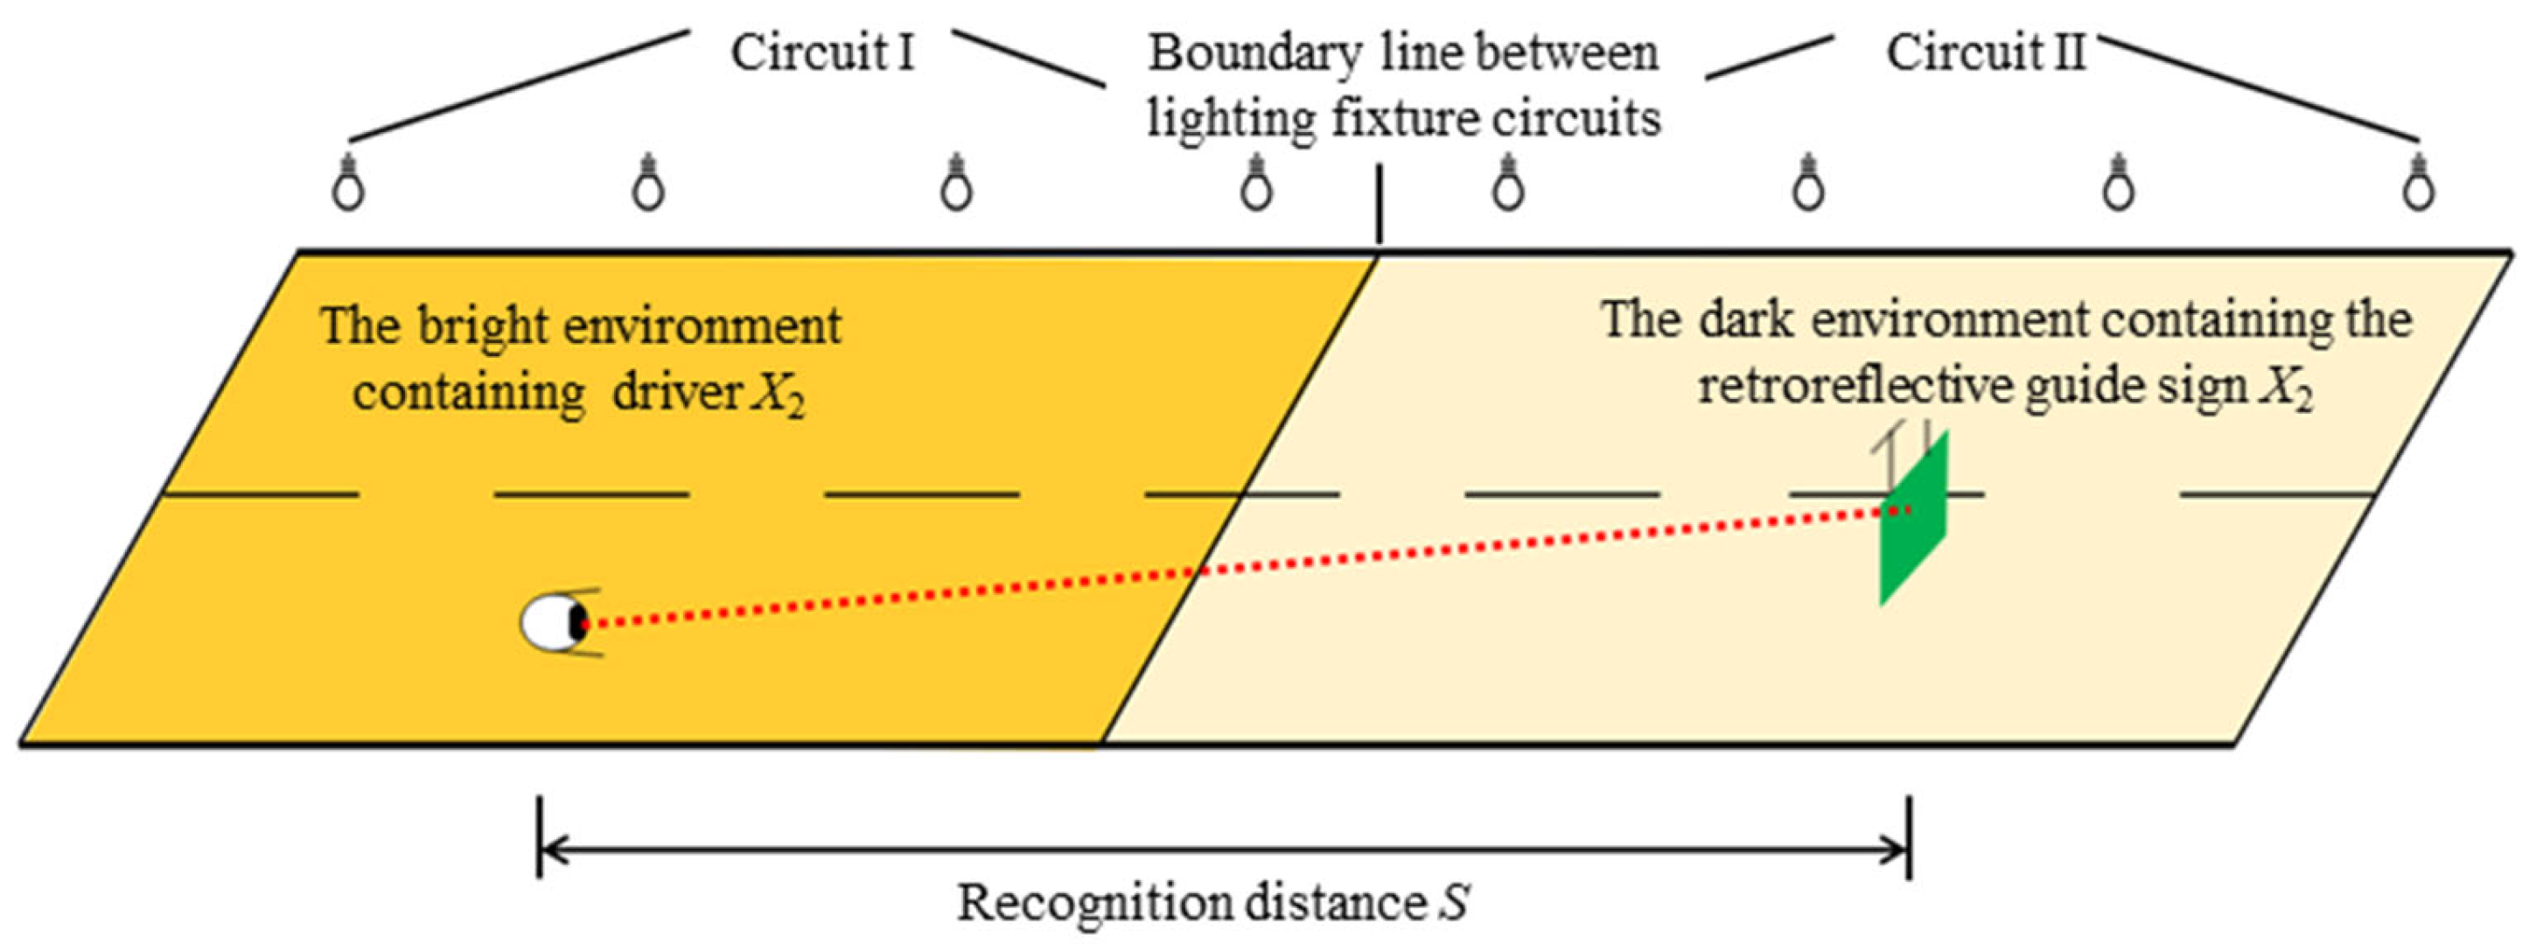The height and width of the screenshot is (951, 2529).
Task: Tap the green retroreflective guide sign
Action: tap(1913, 518)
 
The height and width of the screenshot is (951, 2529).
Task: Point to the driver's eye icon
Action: tap(555, 622)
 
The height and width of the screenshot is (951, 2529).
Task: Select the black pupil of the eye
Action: tap(577, 622)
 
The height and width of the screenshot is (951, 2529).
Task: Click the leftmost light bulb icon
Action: tap(348, 183)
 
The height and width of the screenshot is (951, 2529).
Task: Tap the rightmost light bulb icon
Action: tap(2418, 183)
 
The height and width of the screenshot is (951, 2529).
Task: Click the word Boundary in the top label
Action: tap(1254, 54)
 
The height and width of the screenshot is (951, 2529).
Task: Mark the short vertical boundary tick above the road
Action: tap(1380, 204)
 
